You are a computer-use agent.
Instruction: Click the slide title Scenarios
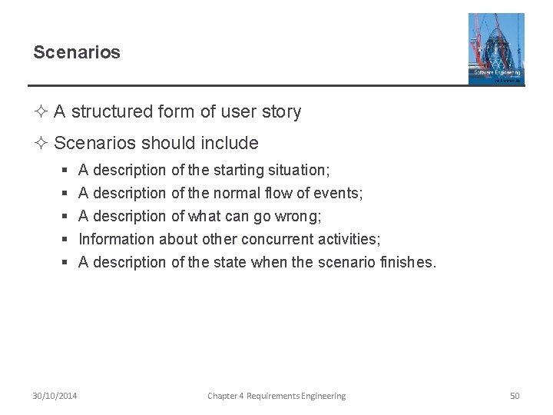click(77, 52)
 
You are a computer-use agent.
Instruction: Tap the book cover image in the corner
click(496, 48)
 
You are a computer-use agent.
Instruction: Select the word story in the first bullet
click(280, 112)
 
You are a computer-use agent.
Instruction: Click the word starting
click(238, 169)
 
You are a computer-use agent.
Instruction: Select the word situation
click(298, 169)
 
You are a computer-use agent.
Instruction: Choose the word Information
click(117, 239)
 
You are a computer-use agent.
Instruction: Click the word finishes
click(408, 262)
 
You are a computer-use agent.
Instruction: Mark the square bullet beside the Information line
click(65, 240)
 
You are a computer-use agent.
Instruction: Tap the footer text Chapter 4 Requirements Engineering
click(276, 396)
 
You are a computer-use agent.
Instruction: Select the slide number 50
click(515, 396)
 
